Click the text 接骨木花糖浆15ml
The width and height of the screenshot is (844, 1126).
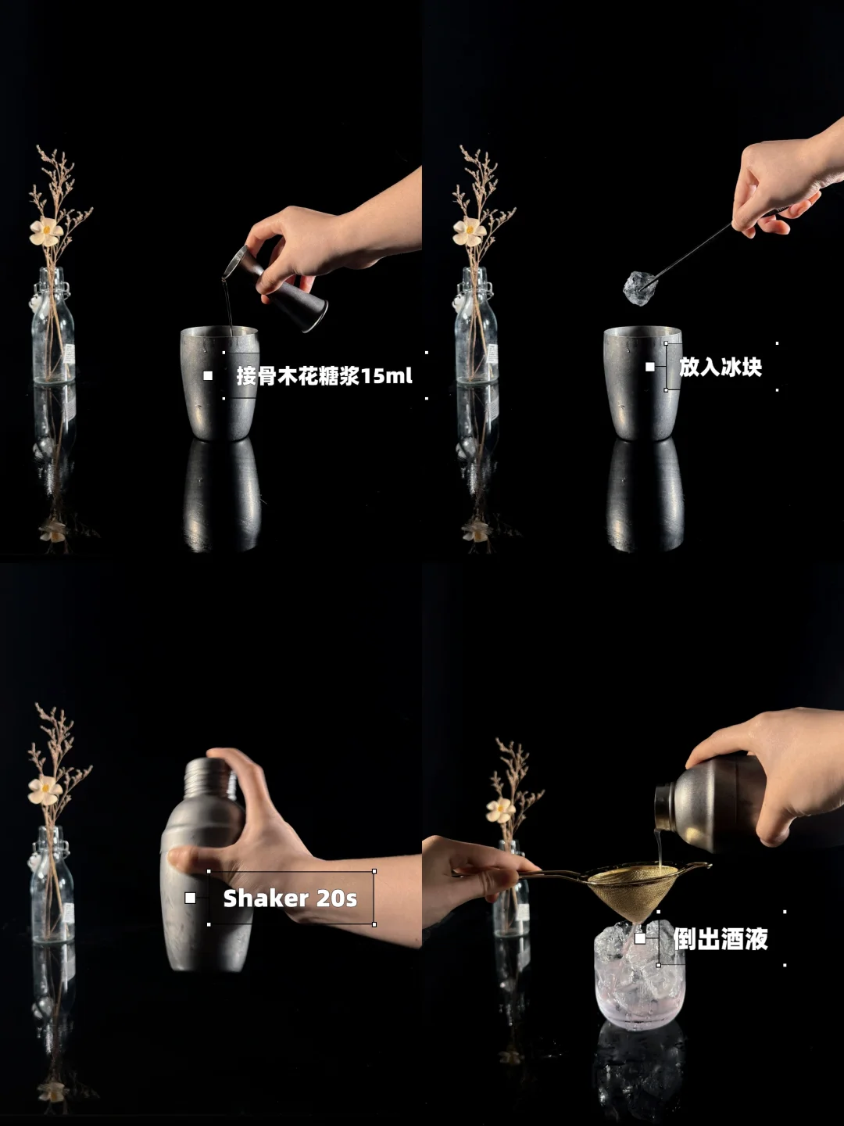pos(324,376)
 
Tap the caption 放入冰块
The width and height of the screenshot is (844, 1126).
pos(720,367)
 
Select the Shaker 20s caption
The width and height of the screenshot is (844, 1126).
pos(290,898)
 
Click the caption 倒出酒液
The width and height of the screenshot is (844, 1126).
pos(720,938)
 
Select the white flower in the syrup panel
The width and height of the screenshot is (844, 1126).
pos(45,231)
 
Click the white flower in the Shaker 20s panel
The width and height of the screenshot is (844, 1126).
pos(45,790)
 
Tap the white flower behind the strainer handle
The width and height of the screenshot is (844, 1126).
pos(501,811)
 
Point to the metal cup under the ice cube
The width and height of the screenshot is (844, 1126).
pos(643,382)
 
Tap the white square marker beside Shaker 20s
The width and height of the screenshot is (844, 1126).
pos(190,898)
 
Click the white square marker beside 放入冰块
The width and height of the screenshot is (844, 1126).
pos(649,367)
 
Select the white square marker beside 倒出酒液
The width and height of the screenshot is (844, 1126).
pos(640,938)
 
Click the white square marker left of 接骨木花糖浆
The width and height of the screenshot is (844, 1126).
pos(208,376)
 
